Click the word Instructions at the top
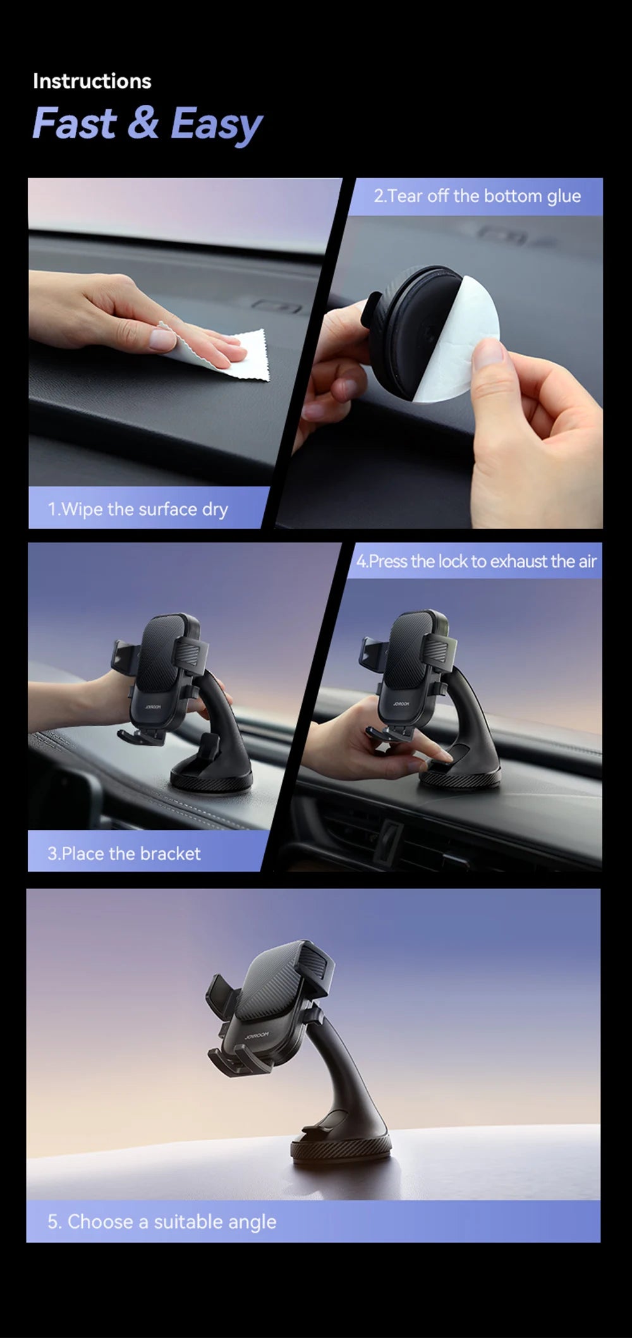click(92, 81)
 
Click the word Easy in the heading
click(216, 124)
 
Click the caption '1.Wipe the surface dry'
click(138, 509)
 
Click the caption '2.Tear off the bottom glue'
click(477, 196)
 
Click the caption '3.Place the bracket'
click(124, 854)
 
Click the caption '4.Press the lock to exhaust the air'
click(477, 561)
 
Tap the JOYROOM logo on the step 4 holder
click(401, 703)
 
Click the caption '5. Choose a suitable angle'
click(162, 1222)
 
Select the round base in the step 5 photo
click(341, 1147)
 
